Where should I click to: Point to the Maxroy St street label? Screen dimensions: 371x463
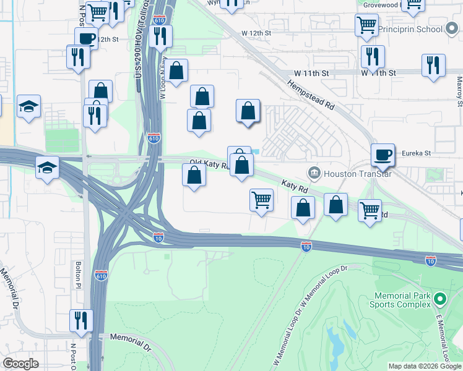point(459,90)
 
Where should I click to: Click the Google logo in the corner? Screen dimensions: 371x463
point(20,364)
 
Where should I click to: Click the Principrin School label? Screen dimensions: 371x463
point(412,29)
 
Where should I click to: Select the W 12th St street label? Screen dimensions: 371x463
point(257,32)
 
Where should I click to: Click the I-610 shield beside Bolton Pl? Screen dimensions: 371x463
point(101,275)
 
